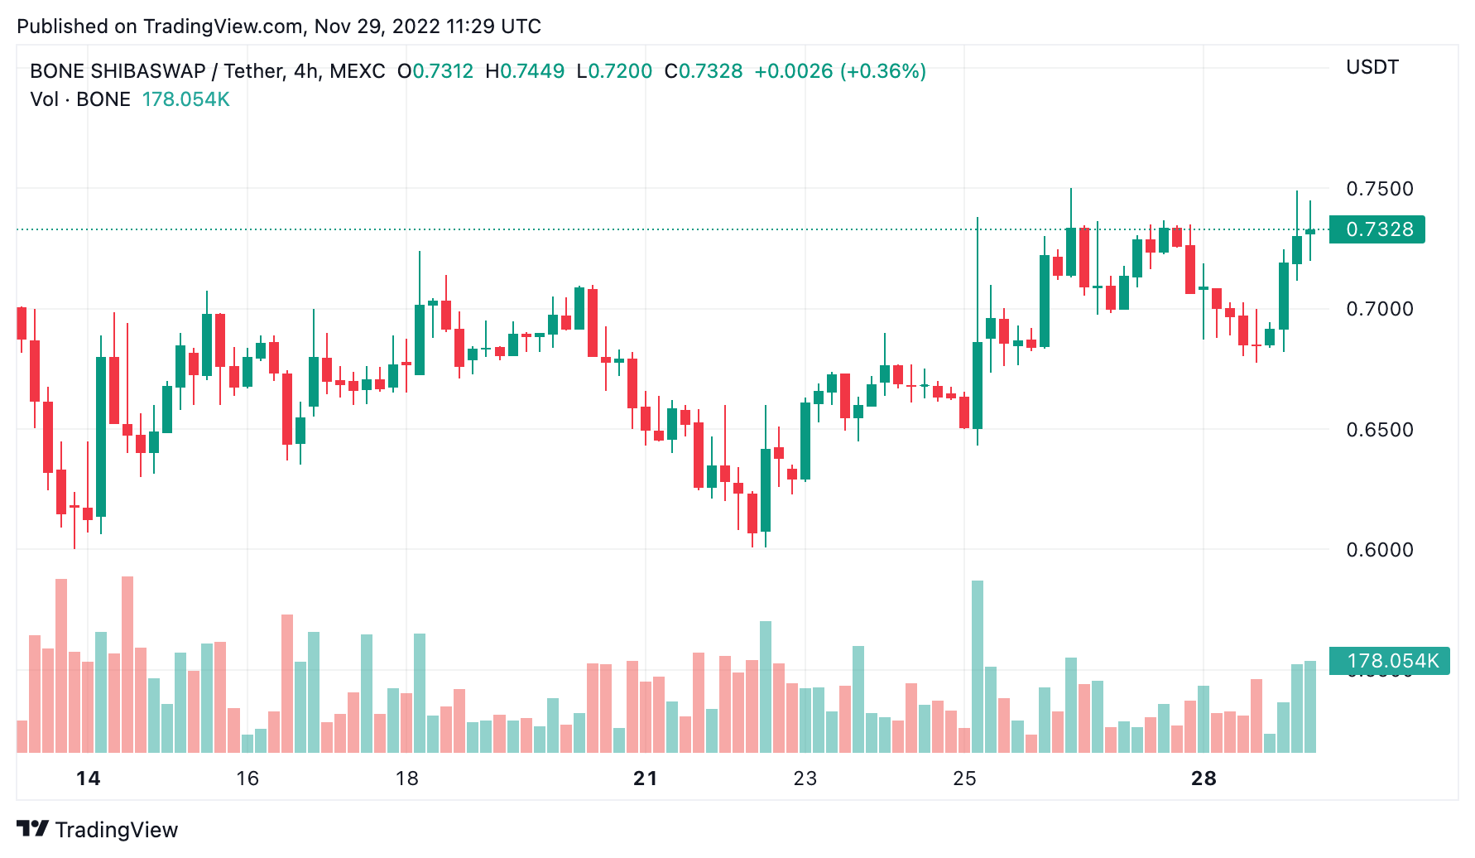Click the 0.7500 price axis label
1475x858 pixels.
tap(1379, 189)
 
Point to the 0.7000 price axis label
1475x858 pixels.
tap(1379, 309)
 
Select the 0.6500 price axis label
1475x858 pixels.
tap(1379, 430)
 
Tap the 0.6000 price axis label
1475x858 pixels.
tap(1379, 550)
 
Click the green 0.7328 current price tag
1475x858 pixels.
tap(1377, 229)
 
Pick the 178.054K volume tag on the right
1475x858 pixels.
tap(1390, 661)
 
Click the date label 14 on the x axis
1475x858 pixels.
tap(88, 778)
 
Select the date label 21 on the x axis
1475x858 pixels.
tap(645, 778)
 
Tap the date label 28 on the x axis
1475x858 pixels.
tap(1204, 778)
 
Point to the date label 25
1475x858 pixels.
tap(964, 778)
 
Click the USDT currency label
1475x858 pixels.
tap(1372, 67)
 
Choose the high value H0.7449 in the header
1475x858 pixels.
tap(525, 71)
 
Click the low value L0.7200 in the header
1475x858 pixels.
tap(614, 71)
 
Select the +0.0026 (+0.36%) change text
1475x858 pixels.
tap(839, 71)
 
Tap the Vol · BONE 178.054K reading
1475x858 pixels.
tap(130, 99)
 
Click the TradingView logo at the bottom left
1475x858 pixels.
tap(97, 829)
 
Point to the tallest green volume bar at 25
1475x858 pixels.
tap(978, 666)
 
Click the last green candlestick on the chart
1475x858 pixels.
tap(1310, 232)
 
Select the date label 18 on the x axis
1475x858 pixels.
tap(406, 778)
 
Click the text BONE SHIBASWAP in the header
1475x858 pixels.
tap(118, 71)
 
